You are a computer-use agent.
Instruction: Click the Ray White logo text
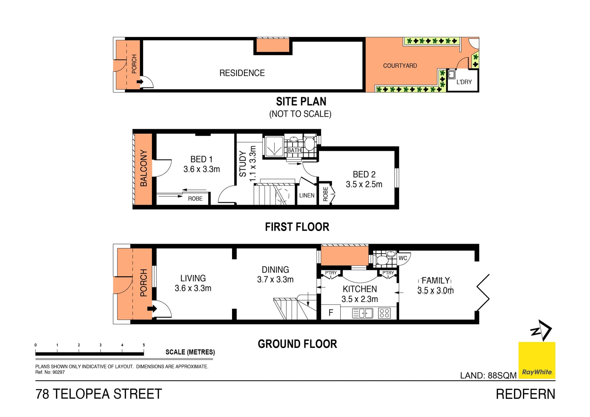pyautogui.click(x=537, y=372)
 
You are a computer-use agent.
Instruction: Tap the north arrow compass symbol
pyautogui.click(x=541, y=330)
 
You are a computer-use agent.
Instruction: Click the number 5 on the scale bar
pyautogui.click(x=144, y=345)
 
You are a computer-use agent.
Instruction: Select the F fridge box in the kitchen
pyautogui.click(x=331, y=313)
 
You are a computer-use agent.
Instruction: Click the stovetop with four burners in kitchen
pyautogui.click(x=384, y=313)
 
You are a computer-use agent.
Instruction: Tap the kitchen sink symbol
pyautogui.click(x=363, y=313)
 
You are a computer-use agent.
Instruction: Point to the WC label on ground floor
pyautogui.click(x=403, y=258)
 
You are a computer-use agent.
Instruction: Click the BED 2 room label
pyautogui.click(x=364, y=174)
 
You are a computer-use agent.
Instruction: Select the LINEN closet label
pyautogui.click(x=307, y=195)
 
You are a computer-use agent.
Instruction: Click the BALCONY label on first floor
pyautogui.click(x=144, y=168)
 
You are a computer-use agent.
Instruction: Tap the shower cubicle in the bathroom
pyautogui.click(x=274, y=147)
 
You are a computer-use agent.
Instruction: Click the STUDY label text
pyautogui.click(x=243, y=164)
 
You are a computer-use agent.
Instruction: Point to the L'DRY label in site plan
pyautogui.click(x=464, y=82)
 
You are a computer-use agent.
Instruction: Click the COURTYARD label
pyautogui.click(x=400, y=66)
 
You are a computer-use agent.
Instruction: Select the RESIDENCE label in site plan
pyautogui.click(x=242, y=73)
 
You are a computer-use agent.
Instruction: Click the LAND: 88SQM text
pyautogui.click(x=488, y=376)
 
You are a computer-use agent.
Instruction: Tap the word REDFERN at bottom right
pyautogui.click(x=525, y=394)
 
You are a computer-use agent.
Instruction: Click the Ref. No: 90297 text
pyautogui.click(x=50, y=372)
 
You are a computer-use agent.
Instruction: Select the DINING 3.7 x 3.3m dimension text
pyautogui.click(x=275, y=280)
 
